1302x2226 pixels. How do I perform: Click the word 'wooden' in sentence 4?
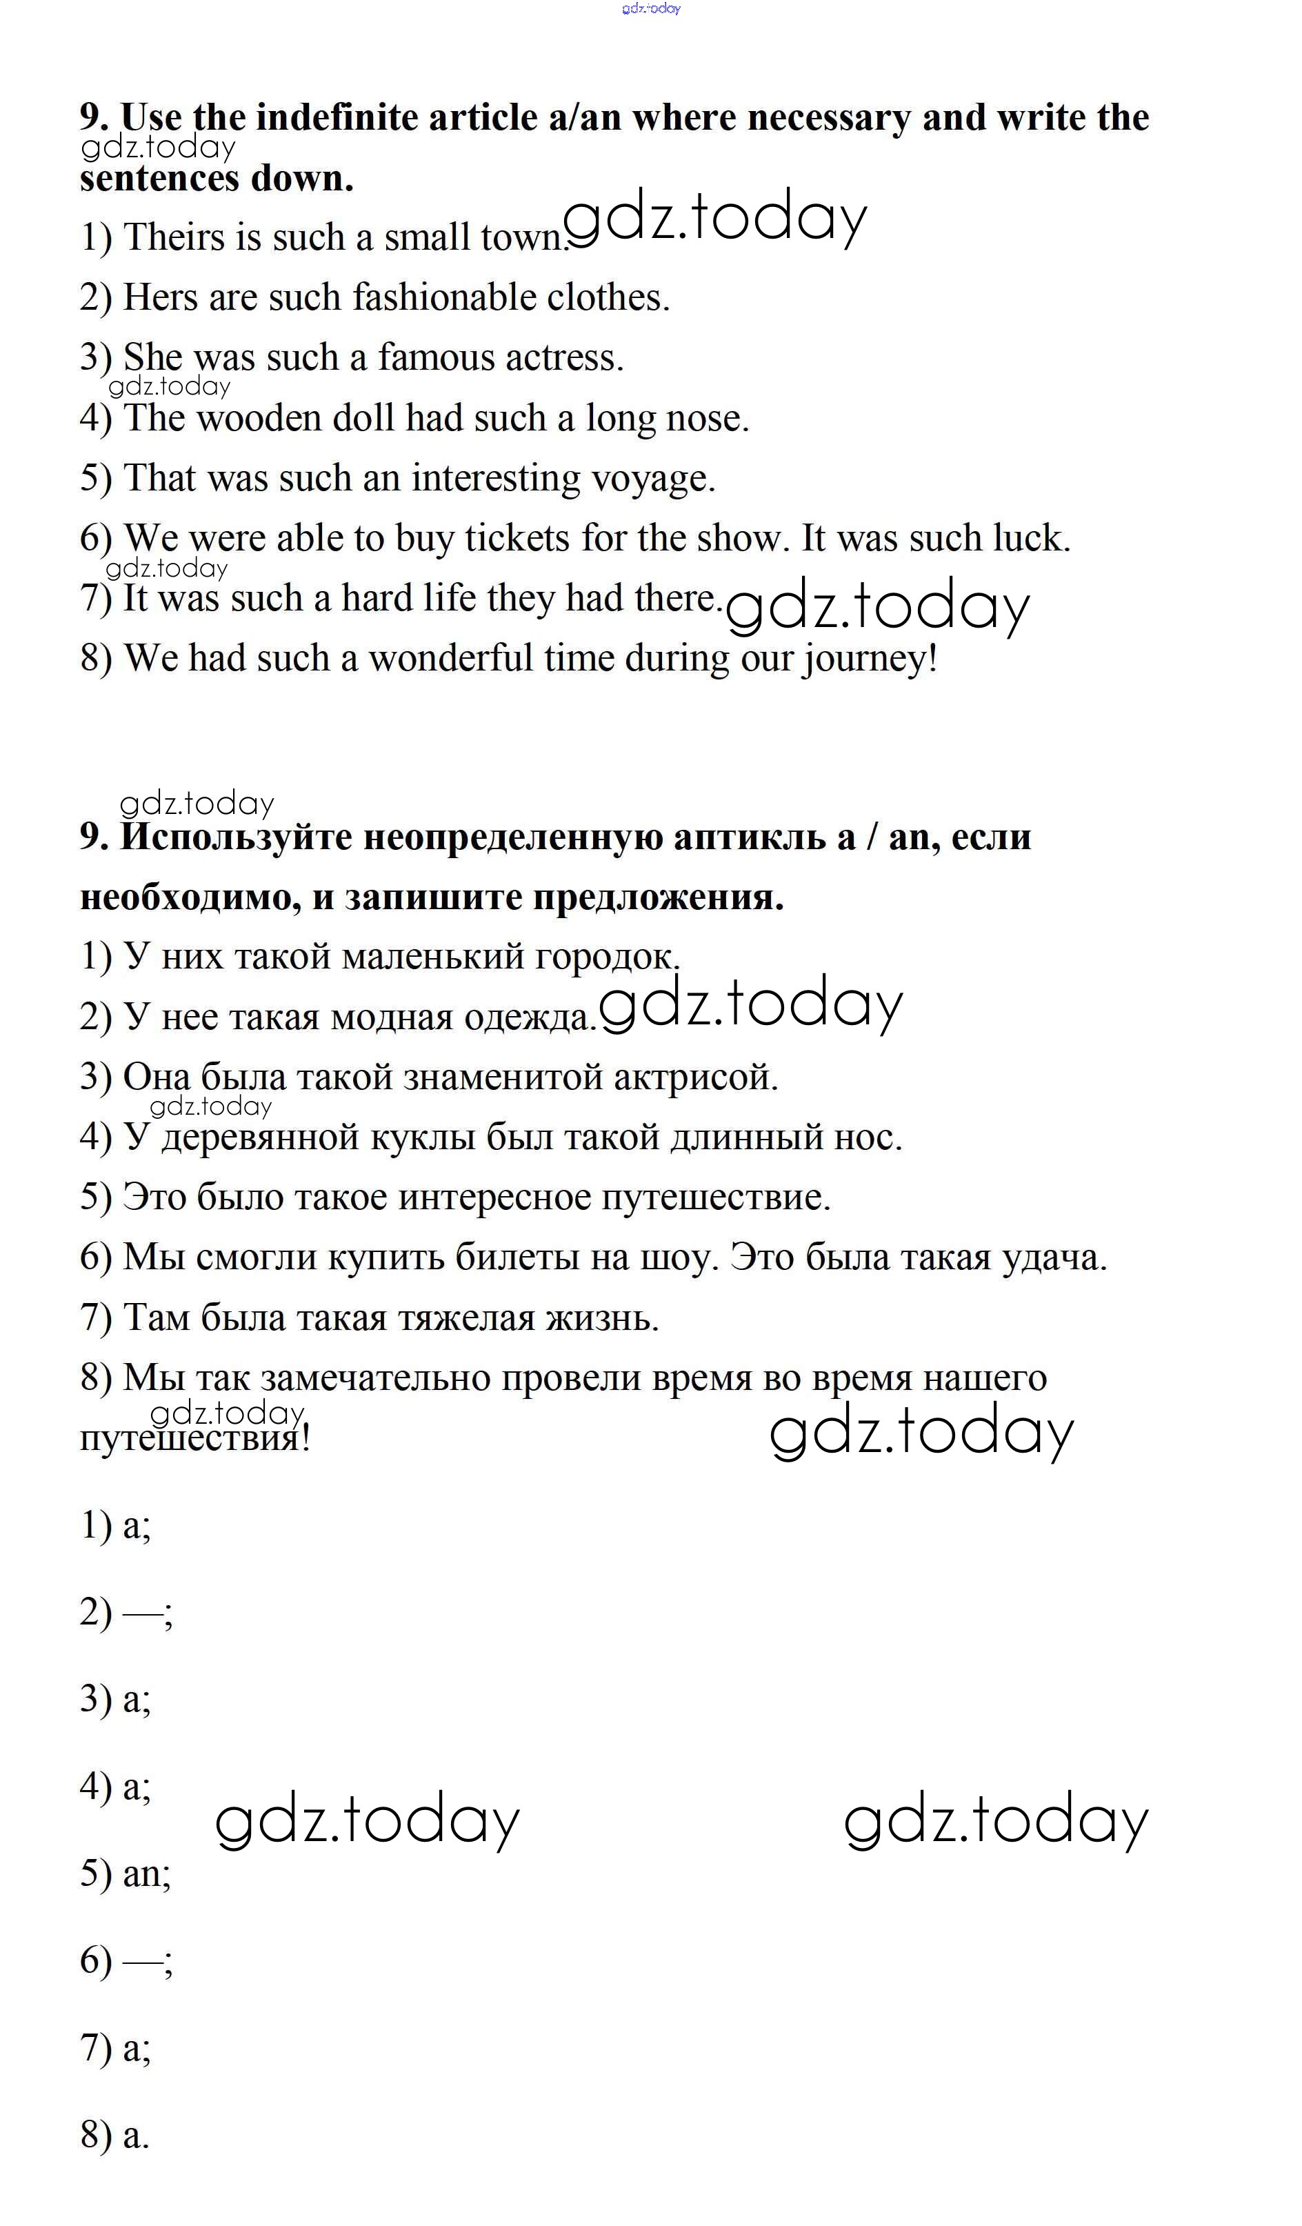(260, 418)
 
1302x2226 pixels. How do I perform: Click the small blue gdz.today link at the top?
(651, 9)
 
